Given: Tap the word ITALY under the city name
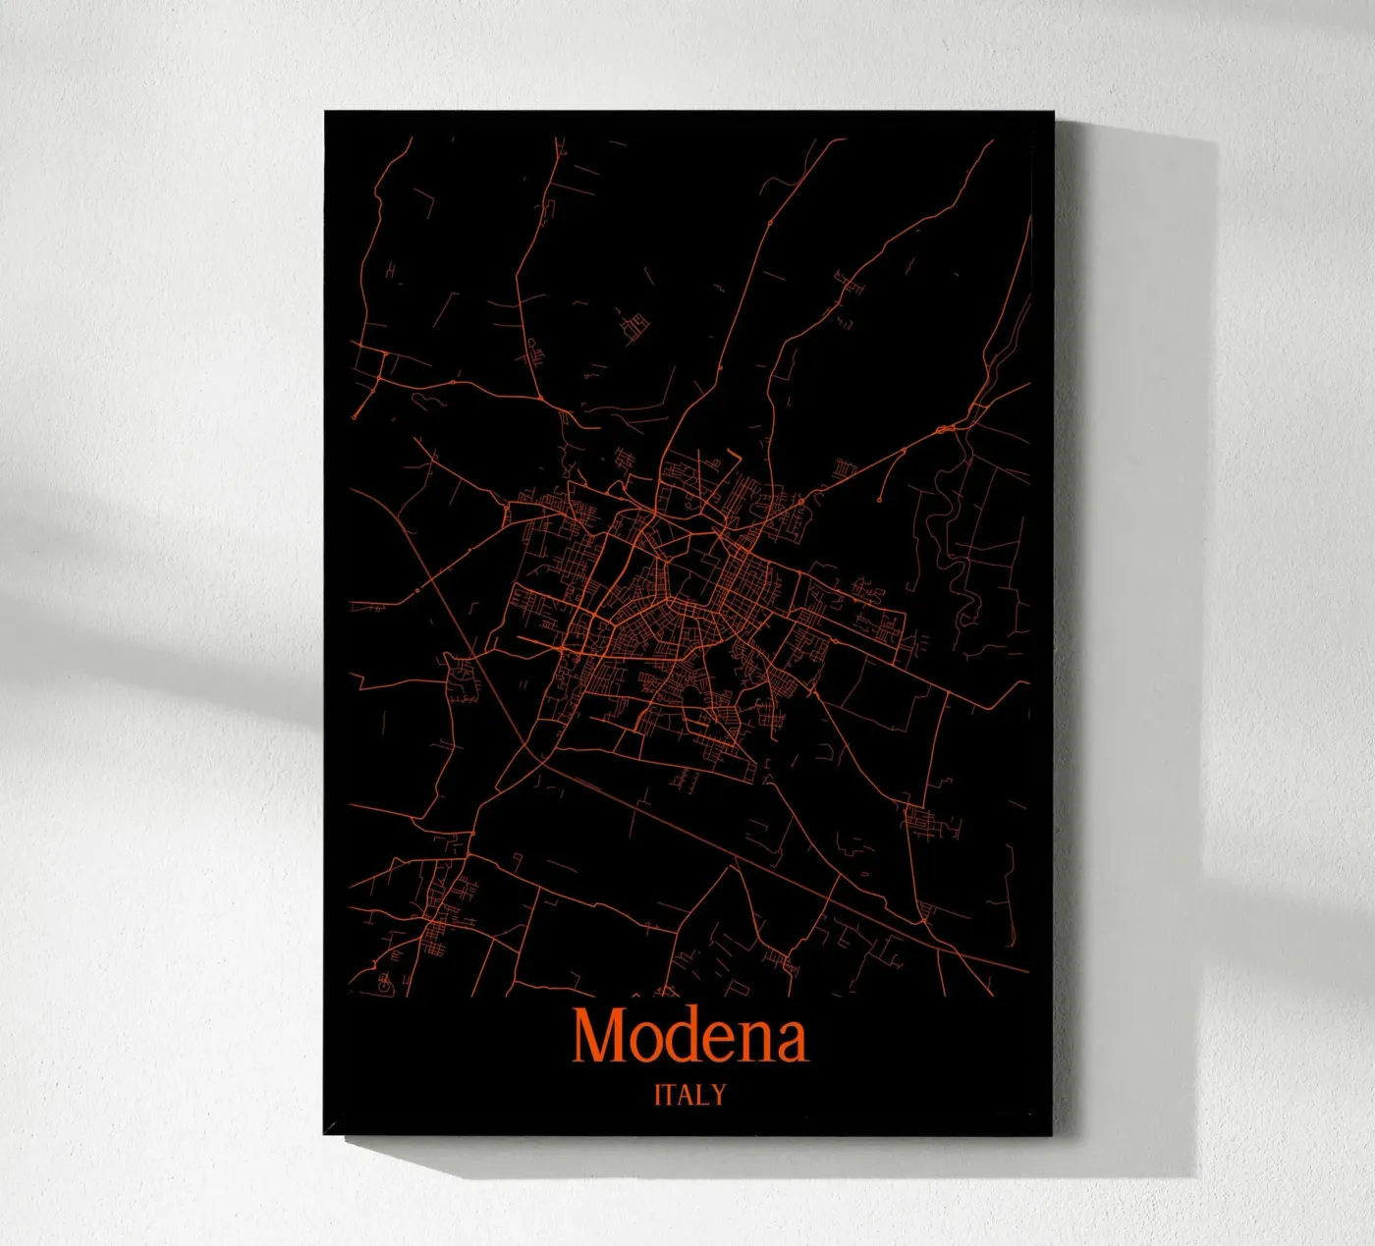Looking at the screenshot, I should point(689,1094).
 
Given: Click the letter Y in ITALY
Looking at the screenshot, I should point(718,1094).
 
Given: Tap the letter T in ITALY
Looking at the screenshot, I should point(672,1094).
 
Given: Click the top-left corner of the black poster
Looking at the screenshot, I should point(326,112).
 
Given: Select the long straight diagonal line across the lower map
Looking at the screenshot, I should point(746,854).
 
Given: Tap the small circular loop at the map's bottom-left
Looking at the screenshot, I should point(384,978).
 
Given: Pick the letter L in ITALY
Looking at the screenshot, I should point(704,1094).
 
